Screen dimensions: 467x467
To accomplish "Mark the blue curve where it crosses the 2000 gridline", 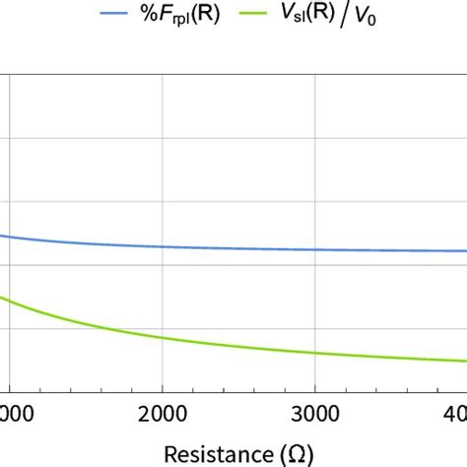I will coord(163,246).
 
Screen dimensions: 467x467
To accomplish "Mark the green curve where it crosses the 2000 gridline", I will coord(163,339).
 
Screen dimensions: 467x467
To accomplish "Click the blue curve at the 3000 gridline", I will coord(314,249).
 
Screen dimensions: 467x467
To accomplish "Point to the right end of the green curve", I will coord(465,361).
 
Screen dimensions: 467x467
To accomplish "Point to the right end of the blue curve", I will coord(465,250).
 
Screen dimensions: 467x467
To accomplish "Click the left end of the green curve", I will coord(2,297).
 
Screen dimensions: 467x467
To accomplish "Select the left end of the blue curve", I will coord(2,235).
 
